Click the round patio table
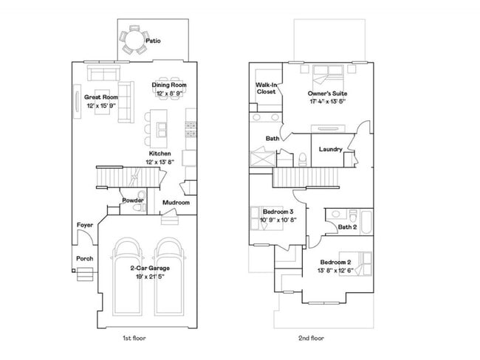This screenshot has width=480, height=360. point(134,40)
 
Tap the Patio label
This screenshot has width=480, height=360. point(153,41)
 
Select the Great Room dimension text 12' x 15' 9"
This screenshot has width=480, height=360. point(101,105)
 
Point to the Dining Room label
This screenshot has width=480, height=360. point(169,85)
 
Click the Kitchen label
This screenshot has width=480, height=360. point(160,153)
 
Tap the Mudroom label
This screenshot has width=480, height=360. point(176,202)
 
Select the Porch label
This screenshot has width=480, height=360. point(84,258)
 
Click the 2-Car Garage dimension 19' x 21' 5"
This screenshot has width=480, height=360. point(150,277)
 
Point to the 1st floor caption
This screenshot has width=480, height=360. point(134,338)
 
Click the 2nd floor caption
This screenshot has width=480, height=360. point(311,338)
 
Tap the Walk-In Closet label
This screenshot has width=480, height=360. point(267,88)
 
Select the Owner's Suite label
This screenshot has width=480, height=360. point(327,93)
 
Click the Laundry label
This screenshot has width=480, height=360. point(330,149)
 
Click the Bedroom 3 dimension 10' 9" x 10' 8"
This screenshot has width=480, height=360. point(278,220)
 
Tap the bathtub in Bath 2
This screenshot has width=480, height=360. point(366,221)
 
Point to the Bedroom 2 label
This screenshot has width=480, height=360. point(335,262)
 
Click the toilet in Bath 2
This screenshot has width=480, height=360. point(353,216)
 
